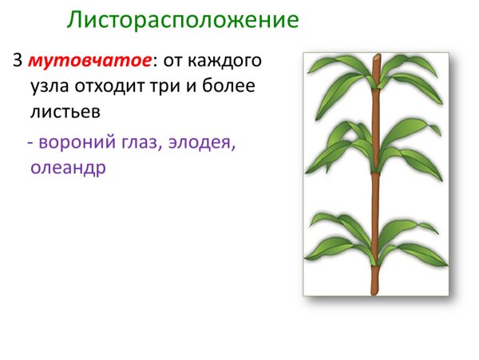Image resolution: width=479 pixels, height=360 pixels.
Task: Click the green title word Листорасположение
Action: [183, 19]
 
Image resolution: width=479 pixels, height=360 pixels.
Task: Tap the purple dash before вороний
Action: [30, 144]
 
